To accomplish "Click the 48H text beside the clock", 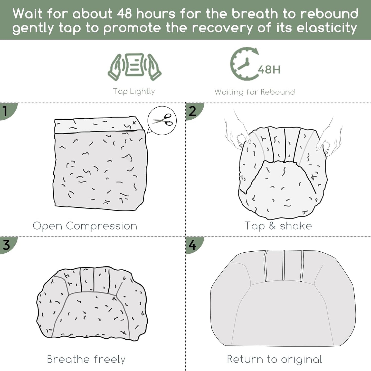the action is point(269,70).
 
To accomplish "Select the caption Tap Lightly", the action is point(134,91).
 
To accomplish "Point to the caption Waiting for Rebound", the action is point(254,92).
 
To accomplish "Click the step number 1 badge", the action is point(8,111).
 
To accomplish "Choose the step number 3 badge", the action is point(8,245).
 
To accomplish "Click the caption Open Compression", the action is point(85,226).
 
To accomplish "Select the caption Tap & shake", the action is point(278,226).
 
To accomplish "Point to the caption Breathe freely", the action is point(86,359).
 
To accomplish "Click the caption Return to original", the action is point(274,359).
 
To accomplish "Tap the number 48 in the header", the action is point(125,14).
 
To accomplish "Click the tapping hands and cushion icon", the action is point(134,66).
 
